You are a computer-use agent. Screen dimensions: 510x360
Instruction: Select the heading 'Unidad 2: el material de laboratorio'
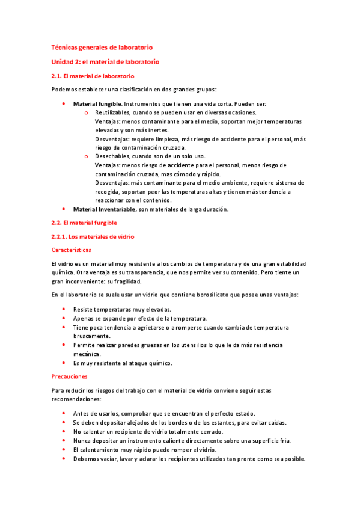105,61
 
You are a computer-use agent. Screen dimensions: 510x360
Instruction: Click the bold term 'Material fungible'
97,104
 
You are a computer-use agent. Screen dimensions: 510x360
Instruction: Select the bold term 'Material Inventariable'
104,209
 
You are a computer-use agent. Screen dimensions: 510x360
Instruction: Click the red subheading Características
72,250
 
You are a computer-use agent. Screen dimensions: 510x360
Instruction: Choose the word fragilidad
125,281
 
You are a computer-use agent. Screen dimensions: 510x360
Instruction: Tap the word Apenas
82,318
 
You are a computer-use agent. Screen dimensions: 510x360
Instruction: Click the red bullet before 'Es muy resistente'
64,363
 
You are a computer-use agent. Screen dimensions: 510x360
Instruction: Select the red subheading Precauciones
70,376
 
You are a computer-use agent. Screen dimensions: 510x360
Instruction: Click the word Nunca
82,440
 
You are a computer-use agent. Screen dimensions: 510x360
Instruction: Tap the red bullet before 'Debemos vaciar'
64,458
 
